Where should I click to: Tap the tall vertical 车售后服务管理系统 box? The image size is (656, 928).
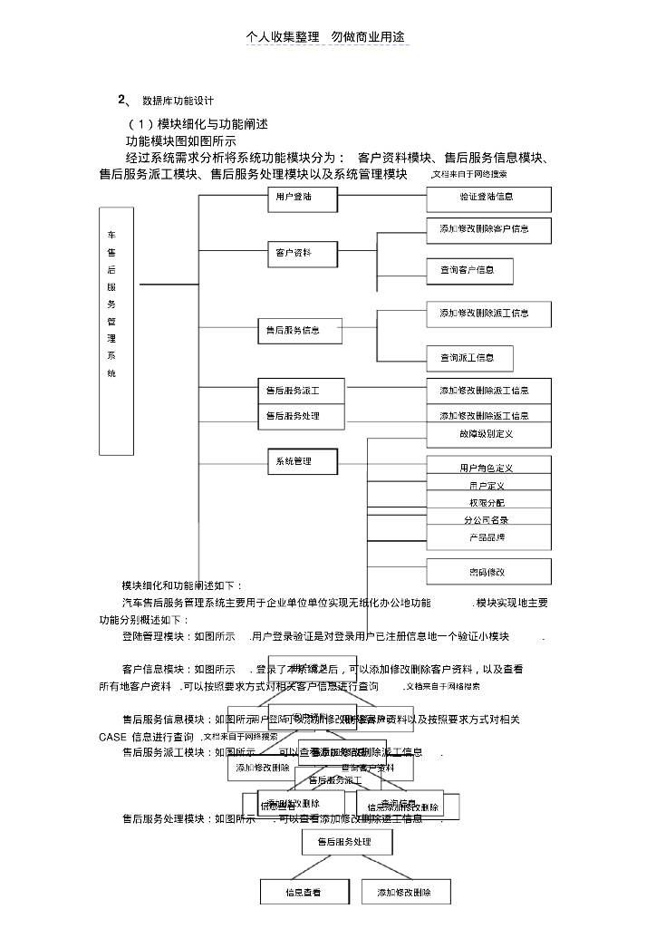tap(116, 331)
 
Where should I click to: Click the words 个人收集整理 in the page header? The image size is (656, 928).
tap(283, 37)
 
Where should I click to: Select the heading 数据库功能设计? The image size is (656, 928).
tap(178, 100)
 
